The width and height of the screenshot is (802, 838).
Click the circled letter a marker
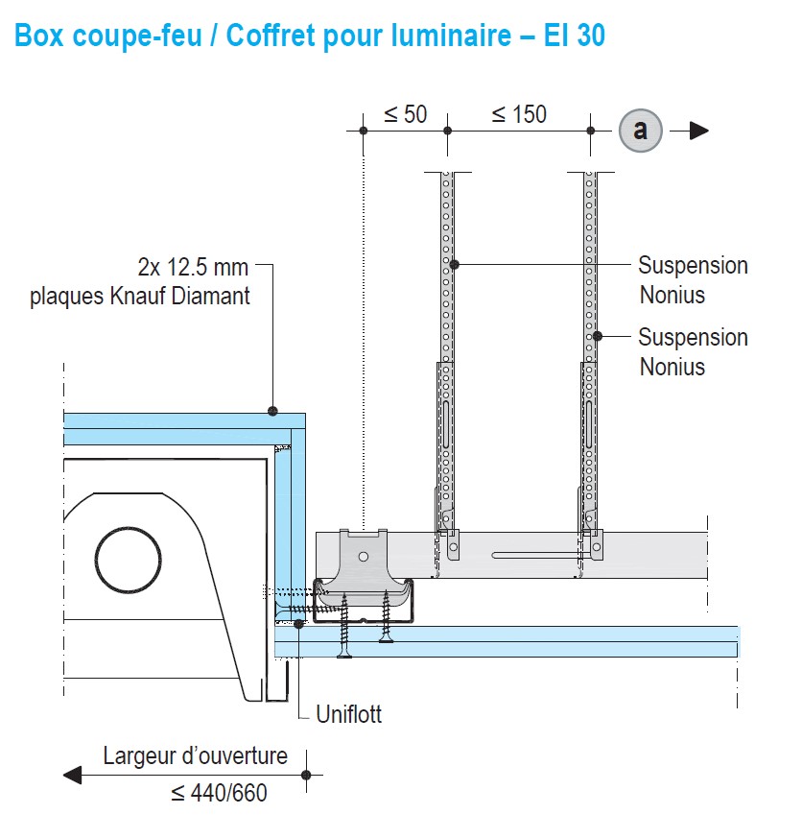point(640,131)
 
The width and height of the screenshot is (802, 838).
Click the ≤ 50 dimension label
point(405,114)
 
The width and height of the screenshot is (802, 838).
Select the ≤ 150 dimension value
point(519,114)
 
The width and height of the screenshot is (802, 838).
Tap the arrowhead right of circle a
point(699,131)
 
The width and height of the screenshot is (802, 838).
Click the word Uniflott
point(349,715)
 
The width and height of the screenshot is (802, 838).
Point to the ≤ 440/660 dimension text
point(219,793)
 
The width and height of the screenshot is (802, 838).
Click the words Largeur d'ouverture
point(196,756)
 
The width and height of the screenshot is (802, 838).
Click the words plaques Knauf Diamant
point(140,296)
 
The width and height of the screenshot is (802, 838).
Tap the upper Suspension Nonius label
point(693,279)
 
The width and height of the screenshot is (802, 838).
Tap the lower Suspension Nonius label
point(693,351)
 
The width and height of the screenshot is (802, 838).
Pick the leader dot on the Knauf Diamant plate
point(273,411)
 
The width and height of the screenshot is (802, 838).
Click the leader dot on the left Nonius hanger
point(455,264)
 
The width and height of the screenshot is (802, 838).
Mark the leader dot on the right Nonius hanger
point(597,336)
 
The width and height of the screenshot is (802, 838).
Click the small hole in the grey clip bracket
point(363,557)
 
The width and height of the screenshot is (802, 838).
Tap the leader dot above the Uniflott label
point(299,624)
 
